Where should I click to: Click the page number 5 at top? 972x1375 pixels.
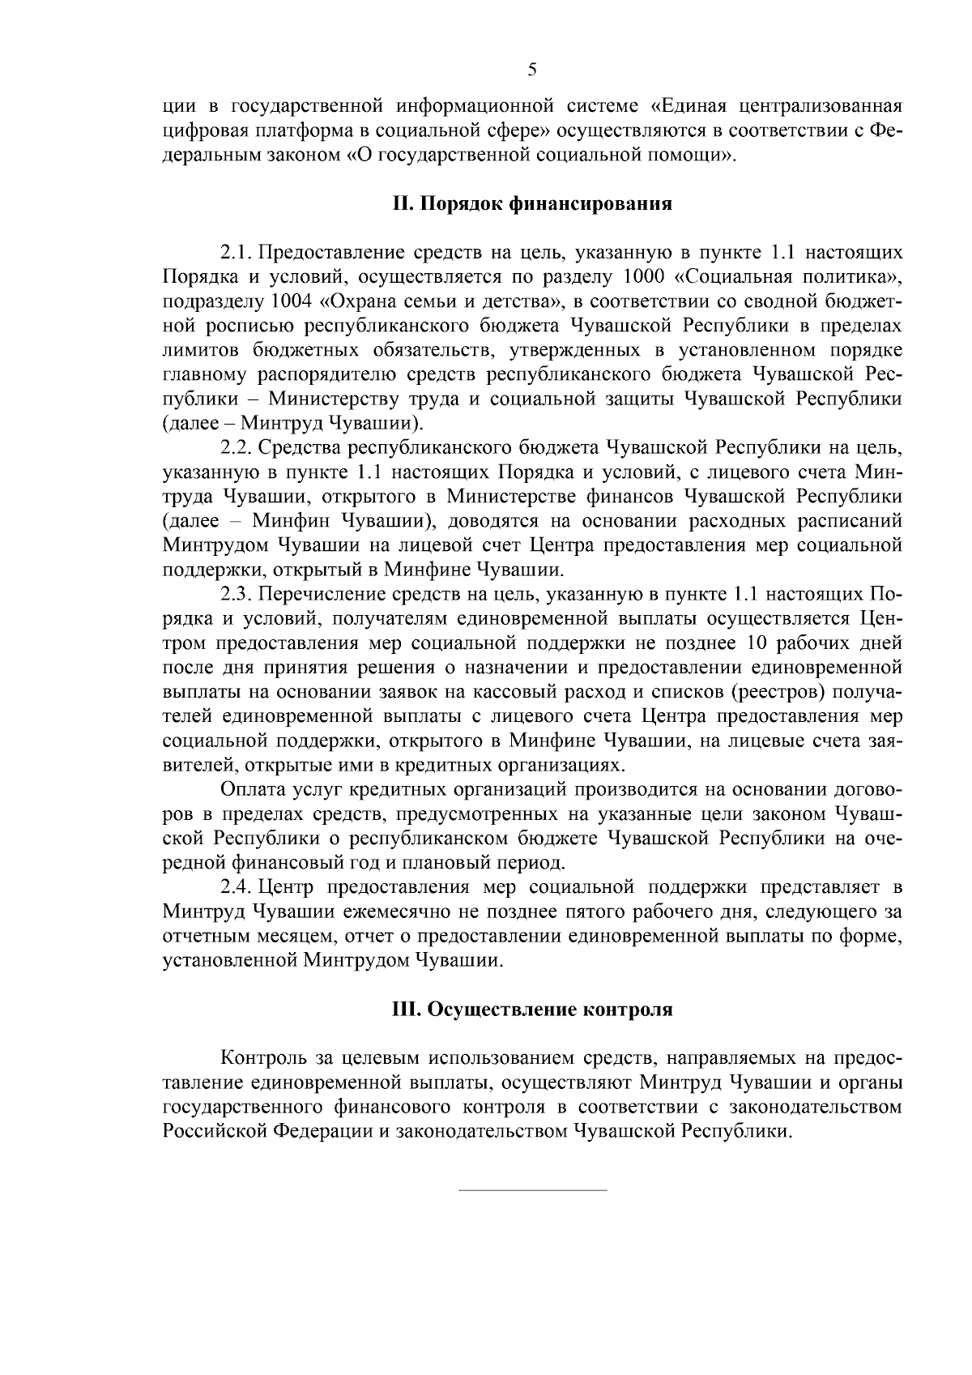[532, 69]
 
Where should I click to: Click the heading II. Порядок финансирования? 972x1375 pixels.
[532, 203]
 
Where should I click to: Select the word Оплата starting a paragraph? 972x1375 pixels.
[249, 789]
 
